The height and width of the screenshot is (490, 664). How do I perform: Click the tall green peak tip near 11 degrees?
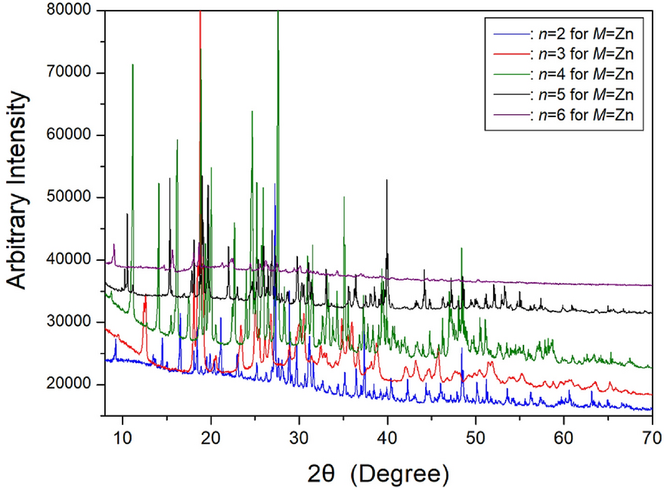(132, 65)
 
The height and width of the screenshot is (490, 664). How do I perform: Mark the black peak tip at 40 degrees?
(387, 180)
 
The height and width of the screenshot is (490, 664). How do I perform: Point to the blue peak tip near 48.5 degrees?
(461, 349)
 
